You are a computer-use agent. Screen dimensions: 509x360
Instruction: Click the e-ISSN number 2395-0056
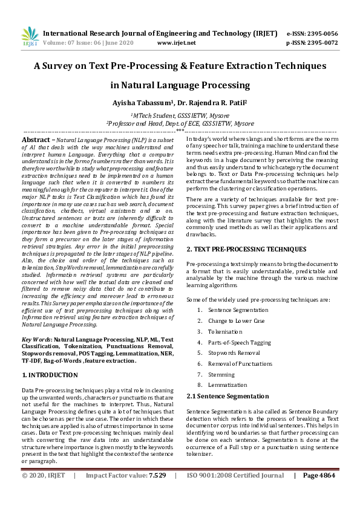click(x=321, y=34)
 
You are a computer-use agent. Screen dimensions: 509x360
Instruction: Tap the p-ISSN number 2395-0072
click(x=321, y=44)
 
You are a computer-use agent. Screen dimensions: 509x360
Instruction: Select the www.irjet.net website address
click(x=176, y=44)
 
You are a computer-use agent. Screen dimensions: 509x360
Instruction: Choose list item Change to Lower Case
click(x=236, y=320)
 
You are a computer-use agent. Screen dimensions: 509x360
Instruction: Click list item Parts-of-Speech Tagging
click(x=239, y=342)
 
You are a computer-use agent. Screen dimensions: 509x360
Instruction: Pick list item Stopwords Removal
click(x=234, y=353)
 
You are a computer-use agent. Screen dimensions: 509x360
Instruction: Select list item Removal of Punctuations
click(x=239, y=364)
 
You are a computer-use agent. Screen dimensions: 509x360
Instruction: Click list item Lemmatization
click(x=227, y=385)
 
